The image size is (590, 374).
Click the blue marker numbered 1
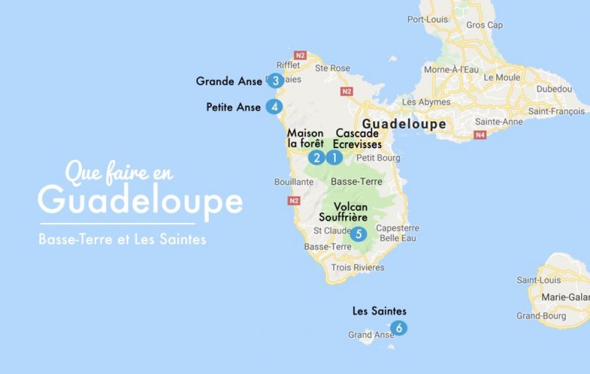pyautogui.click(x=334, y=158)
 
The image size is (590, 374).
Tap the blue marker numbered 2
pyautogui.click(x=317, y=158)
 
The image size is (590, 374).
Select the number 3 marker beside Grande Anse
pyautogui.click(x=275, y=81)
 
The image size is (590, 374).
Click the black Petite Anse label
pyautogui.click(x=233, y=107)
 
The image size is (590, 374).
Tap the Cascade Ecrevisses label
pyautogui.click(x=358, y=139)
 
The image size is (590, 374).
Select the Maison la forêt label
pyautogui.click(x=305, y=139)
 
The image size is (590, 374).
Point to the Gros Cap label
pyautogui.click(x=484, y=25)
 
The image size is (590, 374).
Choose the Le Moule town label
pyautogui.click(x=502, y=77)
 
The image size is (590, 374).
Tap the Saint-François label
pyautogui.click(x=556, y=111)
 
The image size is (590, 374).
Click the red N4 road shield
pyautogui.click(x=480, y=135)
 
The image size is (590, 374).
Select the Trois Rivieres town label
pyautogui.click(x=358, y=267)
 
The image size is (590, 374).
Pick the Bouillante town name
pyautogui.click(x=294, y=182)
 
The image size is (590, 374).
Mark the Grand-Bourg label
pyautogui.click(x=541, y=316)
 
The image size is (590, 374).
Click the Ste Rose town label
pyautogui.click(x=332, y=68)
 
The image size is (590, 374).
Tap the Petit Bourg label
pyautogui.click(x=378, y=158)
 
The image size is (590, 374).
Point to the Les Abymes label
pyautogui.click(x=426, y=102)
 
